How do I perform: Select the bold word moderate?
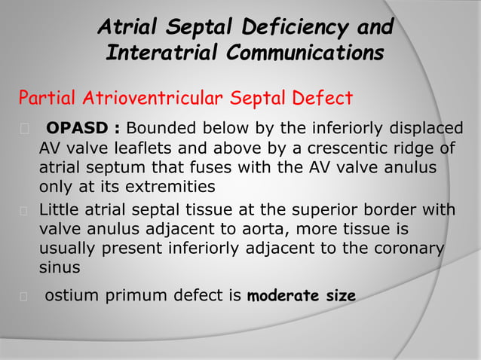[280, 296]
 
